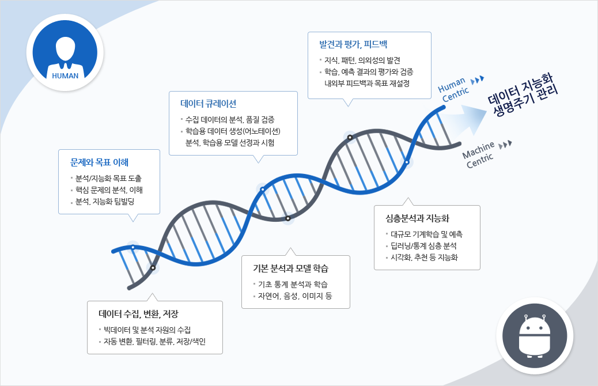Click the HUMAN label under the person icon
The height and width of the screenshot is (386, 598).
pos(65,75)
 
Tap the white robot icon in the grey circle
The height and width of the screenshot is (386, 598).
pos(534,336)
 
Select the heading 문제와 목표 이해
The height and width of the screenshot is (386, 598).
pos(100,162)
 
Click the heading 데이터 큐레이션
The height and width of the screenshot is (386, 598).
pos(208,104)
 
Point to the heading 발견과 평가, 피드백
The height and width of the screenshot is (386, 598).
pos(353,44)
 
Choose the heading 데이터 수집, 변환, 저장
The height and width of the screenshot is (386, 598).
pos(138,314)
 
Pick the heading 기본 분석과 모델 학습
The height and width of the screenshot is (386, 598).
pos(290,268)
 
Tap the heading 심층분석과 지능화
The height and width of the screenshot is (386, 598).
pos(417,218)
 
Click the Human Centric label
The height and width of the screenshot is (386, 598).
pos(453,89)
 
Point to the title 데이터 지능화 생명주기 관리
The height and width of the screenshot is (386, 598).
pos(523,95)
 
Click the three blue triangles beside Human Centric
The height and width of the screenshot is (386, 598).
pos(478,80)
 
